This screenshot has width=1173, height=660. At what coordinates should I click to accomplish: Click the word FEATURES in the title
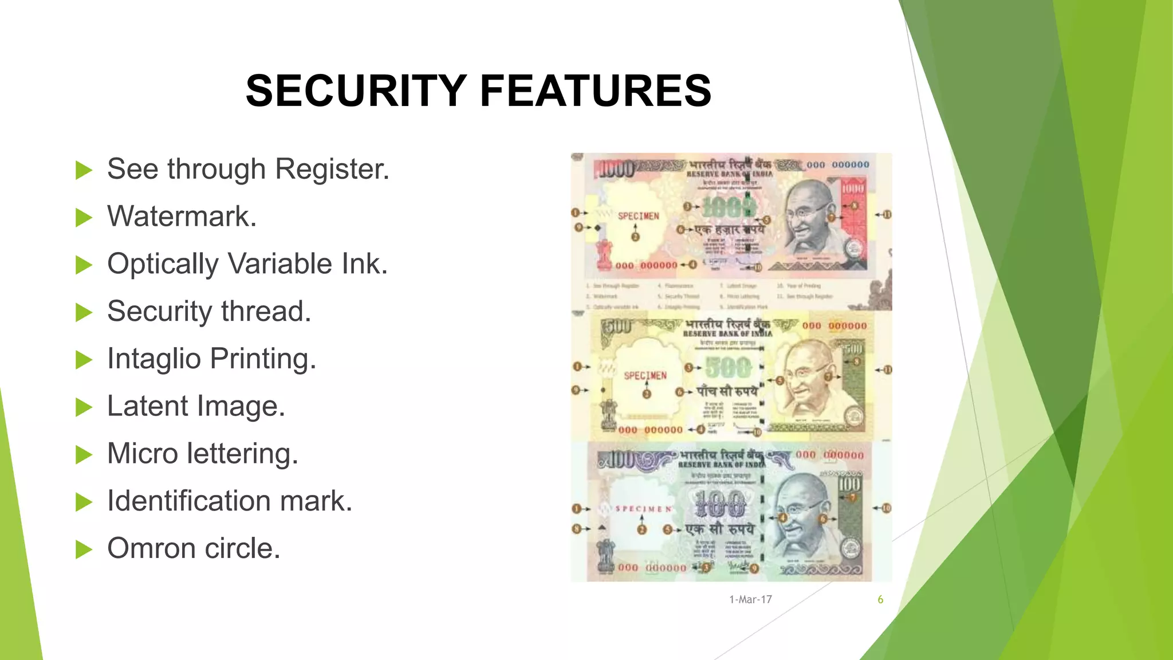(x=596, y=91)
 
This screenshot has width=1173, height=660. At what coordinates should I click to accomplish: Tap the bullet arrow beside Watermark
(x=84, y=218)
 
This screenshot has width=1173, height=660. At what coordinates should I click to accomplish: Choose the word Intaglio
(x=154, y=360)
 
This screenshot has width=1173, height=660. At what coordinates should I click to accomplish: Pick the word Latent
(x=148, y=406)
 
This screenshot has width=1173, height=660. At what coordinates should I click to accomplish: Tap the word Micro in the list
(x=143, y=454)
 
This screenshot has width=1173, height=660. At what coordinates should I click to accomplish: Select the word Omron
(x=152, y=548)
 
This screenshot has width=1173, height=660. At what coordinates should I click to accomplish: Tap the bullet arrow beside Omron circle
(x=84, y=549)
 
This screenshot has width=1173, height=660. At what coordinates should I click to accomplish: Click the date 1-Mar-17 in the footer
(x=750, y=600)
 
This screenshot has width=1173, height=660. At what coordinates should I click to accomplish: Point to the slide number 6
(x=880, y=600)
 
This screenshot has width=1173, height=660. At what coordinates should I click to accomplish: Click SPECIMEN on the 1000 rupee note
(x=638, y=216)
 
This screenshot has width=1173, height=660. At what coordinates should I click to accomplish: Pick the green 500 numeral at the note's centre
(x=727, y=367)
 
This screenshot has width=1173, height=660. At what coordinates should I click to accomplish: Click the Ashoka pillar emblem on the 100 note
(x=605, y=555)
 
